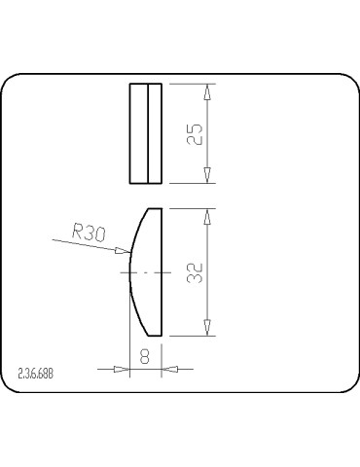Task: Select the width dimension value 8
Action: pyautogui.click(x=144, y=356)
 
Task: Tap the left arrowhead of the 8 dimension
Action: pyautogui.click(x=122, y=369)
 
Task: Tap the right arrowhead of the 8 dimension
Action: pyautogui.click(x=167, y=369)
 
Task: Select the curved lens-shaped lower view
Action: pyautogui.click(x=147, y=271)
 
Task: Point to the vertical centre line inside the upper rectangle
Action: pyautogui.click(x=146, y=133)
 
